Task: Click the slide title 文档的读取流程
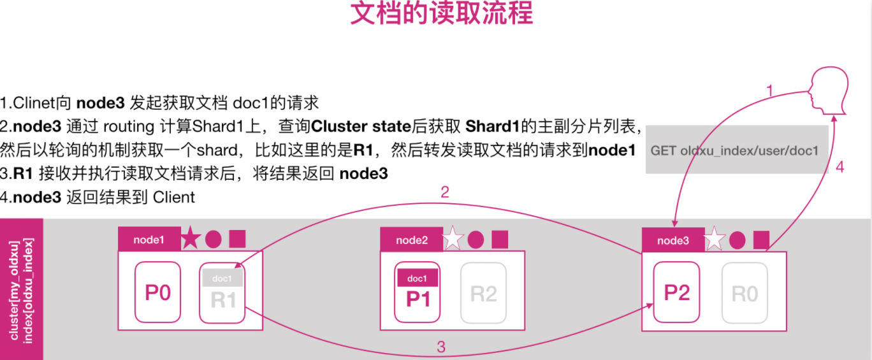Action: [441, 14]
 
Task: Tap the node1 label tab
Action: [149, 240]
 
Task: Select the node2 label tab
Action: [411, 240]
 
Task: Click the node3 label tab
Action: [673, 240]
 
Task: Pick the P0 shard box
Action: [158, 292]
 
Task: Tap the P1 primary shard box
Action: [418, 292]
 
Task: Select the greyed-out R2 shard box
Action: [483, 292]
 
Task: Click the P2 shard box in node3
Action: [677, 292]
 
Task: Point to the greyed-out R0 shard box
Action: [745, 292]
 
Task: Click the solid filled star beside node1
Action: [191, 240]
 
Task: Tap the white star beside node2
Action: [453, 239]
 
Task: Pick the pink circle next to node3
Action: [737, 240]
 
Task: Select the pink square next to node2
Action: [500, 239]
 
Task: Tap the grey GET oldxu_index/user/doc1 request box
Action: [736, 150]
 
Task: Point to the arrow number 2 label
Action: [445, 192]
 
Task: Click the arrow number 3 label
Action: [440, 347]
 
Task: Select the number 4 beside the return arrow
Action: [840, 167]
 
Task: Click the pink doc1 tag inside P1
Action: [418, 278]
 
